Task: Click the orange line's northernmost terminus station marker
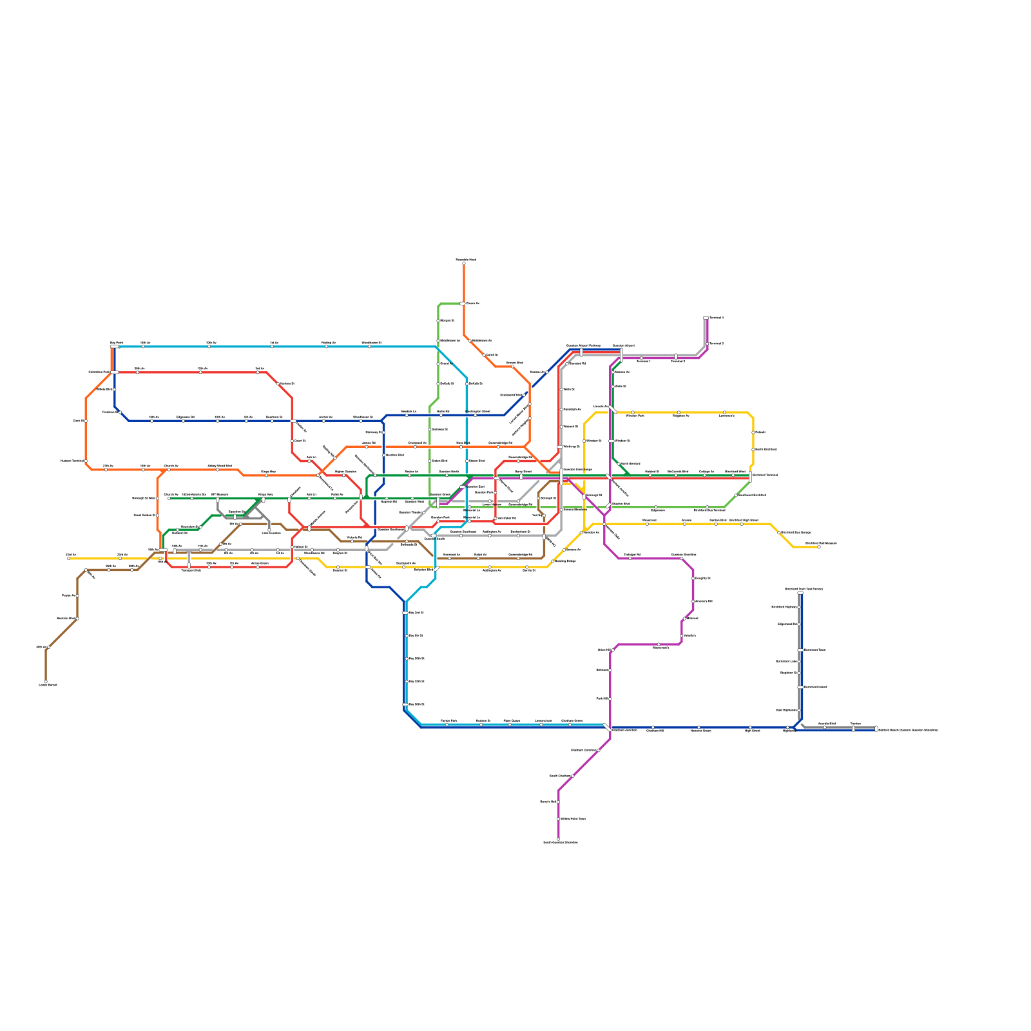[x=464, y=263]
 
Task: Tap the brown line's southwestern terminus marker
[x=46, y=682]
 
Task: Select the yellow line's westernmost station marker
[x=68, y=558]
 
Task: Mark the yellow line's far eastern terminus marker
[x=819, y=547]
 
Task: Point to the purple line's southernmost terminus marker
[x=559, y=839]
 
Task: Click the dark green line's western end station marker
[x=169, y=498]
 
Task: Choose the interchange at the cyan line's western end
[x=114, y=347]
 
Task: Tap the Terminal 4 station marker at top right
[x=706, y=318]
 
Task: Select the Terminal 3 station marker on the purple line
[x=707, y=343]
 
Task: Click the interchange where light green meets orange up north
[x=463, y=303]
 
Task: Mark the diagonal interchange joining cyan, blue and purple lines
[x=607, y=727]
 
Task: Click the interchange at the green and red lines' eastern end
[x=751, y=477]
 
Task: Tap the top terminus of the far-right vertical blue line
[x=800, y=593]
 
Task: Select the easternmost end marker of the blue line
[x=876, y=729]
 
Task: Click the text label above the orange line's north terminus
[x=465, y=260]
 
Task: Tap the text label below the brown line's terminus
[x=48, y=685]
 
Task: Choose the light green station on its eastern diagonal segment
[x=737, y=496]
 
